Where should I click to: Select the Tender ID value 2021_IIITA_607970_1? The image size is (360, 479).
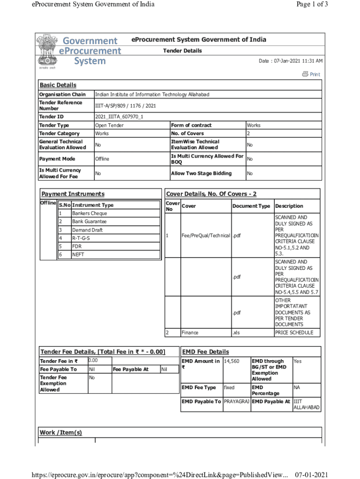[x=119, y=116]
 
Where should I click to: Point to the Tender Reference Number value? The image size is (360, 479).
[x=125, y=106]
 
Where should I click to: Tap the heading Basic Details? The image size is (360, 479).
[x=58, y=85]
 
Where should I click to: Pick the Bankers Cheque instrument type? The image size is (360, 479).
[x=89, y=213]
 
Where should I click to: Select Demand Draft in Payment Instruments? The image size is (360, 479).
[x=87, y=230]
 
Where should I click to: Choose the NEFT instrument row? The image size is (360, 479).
[x=78, y=254]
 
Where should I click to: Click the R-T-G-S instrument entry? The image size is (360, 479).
[x=80, y=238]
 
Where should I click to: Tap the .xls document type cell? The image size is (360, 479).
[x=237, y=333]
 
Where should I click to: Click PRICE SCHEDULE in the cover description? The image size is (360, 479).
[x=297, y=333]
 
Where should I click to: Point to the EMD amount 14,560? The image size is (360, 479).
[x=232, y=361]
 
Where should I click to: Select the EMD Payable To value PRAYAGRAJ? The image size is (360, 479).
[x=237, y=402]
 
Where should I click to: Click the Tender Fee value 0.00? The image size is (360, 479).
[x=93, y=361]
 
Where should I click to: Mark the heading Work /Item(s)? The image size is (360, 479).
[x=61, y=433]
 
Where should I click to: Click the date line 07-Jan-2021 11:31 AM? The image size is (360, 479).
[x=290, y=61]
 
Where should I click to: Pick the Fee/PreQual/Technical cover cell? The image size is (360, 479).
[x=206, y=235]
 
